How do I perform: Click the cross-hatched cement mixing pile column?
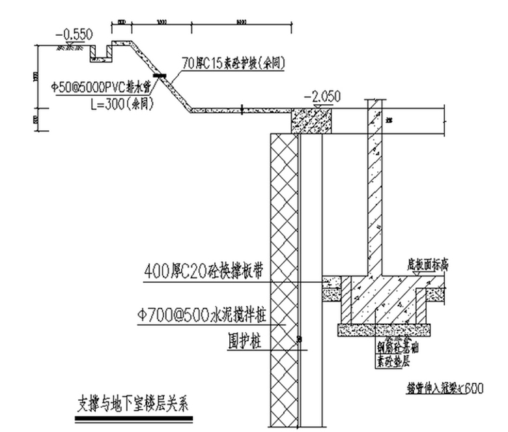[284, 261]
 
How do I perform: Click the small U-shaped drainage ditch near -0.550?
[100, 52]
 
